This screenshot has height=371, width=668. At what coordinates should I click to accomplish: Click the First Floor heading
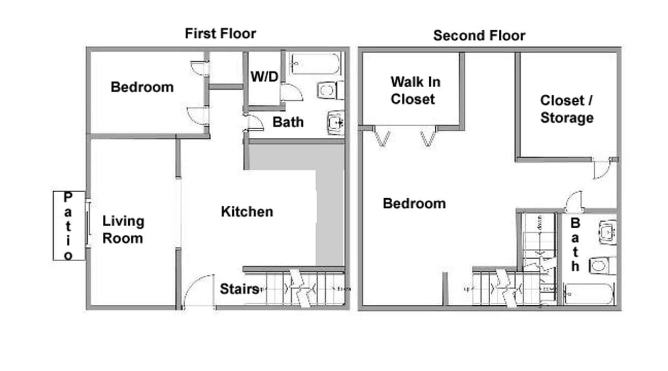(220, 33)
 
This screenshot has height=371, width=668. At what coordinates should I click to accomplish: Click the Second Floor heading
(479, 36)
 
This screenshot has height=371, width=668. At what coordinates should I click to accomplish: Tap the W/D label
(264, 76)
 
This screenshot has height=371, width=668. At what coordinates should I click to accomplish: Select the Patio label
(68, 226)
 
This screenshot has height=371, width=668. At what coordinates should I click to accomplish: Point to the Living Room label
(123, 229)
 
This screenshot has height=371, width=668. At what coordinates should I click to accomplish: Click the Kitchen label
(247, 212)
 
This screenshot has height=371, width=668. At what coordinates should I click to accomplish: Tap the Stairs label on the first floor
(240, 289)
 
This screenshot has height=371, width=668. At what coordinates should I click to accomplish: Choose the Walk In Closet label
(415, 90)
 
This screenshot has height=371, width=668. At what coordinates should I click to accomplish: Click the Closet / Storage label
(567, 109)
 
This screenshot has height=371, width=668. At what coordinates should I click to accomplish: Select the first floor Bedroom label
(142, 87)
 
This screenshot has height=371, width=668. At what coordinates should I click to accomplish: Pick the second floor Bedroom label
(414, 204)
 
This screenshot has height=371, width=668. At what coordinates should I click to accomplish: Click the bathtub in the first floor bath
(315, 64)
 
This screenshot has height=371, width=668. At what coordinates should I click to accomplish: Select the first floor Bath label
(288, 122)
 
